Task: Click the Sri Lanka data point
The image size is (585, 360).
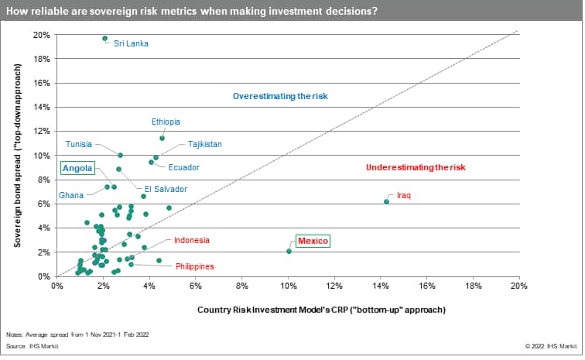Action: pos(104,38)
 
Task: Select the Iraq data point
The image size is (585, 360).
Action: pos(386,201)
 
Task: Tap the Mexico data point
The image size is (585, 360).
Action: pos(289,251)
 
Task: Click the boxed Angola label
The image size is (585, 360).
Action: pos(77,169)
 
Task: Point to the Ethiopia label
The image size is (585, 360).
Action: pos(166,122)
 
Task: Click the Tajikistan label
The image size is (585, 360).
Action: pos(204,144)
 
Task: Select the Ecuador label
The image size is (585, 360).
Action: pos(184,167)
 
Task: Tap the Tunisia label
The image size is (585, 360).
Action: pos(79,144)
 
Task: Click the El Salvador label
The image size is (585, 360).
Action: pos(166,189)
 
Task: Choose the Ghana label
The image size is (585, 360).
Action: pos(70,196)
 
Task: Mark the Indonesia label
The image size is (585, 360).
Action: pos(193,241)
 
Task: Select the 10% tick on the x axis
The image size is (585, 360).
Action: pos(288,286)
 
